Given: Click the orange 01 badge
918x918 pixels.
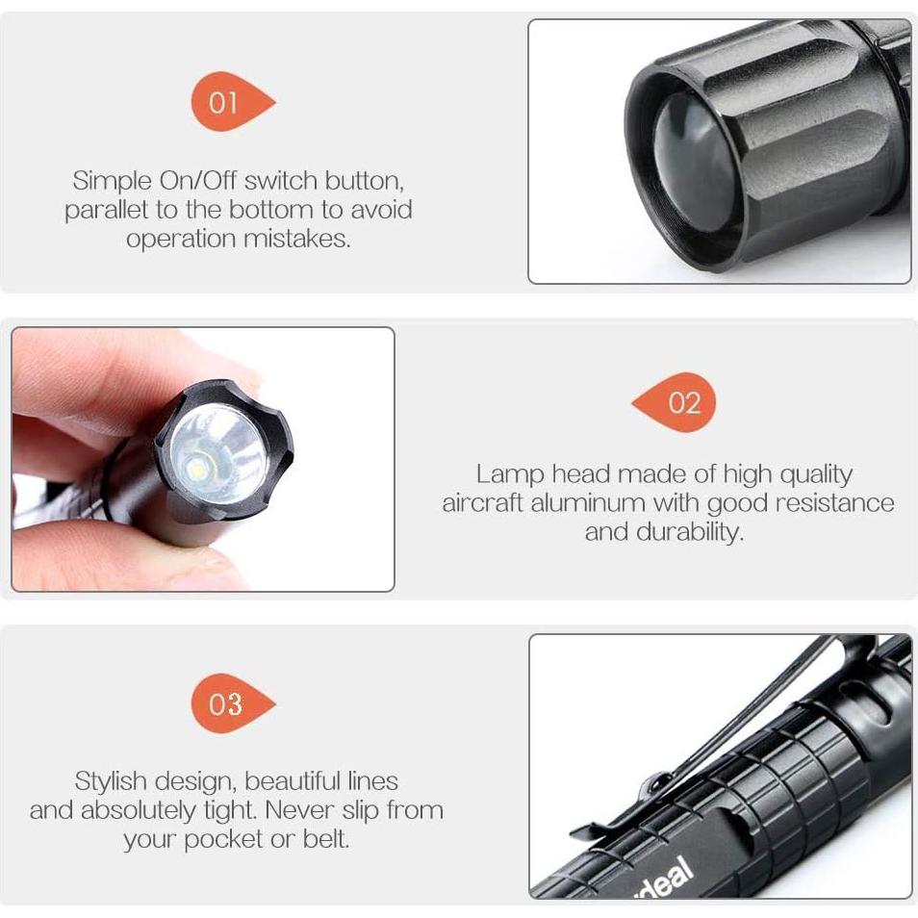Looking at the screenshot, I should click(226, 102).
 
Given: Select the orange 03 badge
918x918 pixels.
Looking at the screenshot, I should click(227, 703).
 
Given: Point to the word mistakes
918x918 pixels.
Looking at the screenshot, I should click(296, 239).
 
